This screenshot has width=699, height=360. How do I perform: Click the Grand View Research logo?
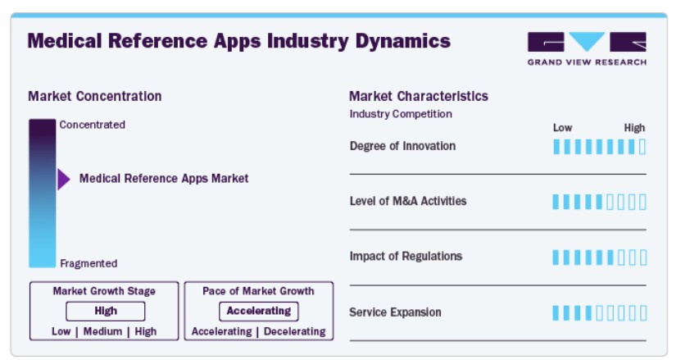pyautogui.click(x=587, y=48)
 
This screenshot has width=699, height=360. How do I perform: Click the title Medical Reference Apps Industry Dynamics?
pyautogui.click(x=239, y=41)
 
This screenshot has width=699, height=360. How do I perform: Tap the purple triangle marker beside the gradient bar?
pyautogui.click(x=64, y=180)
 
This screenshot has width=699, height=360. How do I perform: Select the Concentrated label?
pyautogui.click(x=93, y=125)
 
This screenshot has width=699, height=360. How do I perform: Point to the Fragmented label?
pyautogui.click(x=89, y=263)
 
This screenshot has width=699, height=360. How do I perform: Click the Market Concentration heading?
pyautogui.click(x=95, y=97)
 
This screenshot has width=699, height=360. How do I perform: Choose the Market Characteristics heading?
pyautogui.click(x=419, y=97)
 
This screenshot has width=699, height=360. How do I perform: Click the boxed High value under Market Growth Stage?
pyautogui.click(x=106, y=311)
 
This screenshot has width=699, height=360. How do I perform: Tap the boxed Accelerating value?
pyautogui.click(x=259, y=311)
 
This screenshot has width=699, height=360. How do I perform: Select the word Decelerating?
pyautogui.click(x=295, y=331)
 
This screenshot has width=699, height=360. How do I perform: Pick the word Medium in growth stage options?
pyautogui.click(x=102, y=331)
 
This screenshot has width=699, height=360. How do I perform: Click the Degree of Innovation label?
pyautogui.click(x=402, y=146)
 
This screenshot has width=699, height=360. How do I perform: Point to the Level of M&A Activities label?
pyautogui.click(x=408, y=201)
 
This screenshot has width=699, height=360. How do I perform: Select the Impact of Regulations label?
pyautogui.click(x=406, y=257)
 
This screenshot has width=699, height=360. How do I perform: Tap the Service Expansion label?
pyautogui.click(x=396, y=312)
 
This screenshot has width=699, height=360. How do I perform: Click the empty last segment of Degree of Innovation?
pyautogui.click(x=642, y=147)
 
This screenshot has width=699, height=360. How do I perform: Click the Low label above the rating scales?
pyautogui.click(x=563, y=128)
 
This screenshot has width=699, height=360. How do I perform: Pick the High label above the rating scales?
pyautogui.click(x=634, y=128)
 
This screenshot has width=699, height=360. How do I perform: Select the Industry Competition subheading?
pyautogui.click(x=401, y=114)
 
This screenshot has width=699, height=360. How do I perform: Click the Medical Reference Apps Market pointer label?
pyautogui.click(x=164, y=179)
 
